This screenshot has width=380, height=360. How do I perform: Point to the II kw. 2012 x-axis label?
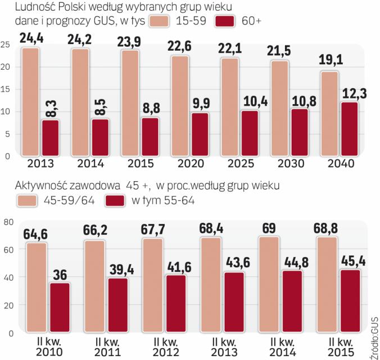(x=164, y=346)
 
